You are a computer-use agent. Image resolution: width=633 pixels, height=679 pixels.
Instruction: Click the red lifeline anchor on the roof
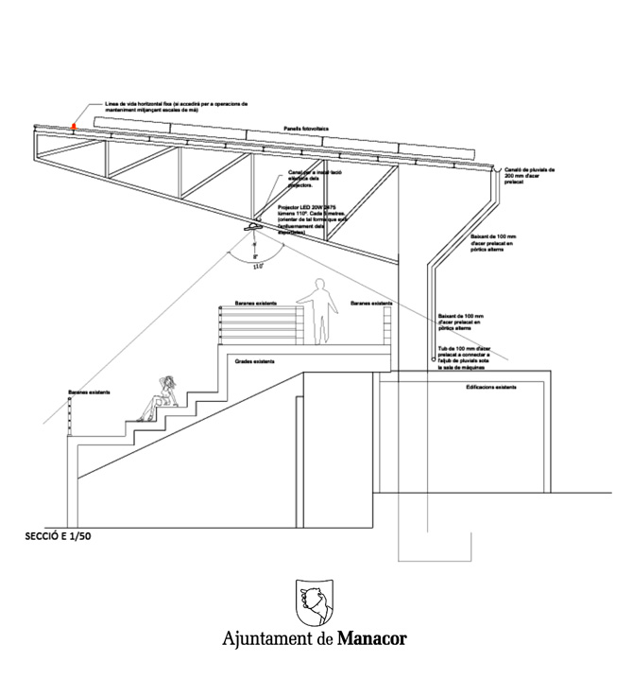coord(75,124)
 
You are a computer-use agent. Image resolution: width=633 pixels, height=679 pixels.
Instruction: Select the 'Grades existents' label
coord(255,361)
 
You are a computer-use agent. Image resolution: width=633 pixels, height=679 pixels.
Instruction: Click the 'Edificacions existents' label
coord(491,388)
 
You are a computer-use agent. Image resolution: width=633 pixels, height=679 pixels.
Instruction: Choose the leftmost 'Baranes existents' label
coord(90,392)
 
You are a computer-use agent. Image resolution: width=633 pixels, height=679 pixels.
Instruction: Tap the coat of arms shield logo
coord(315,601)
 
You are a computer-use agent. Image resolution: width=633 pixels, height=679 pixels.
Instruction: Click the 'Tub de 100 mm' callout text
coord(465,356)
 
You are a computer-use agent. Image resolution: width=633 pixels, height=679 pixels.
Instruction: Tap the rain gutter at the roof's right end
coord(497,167)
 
